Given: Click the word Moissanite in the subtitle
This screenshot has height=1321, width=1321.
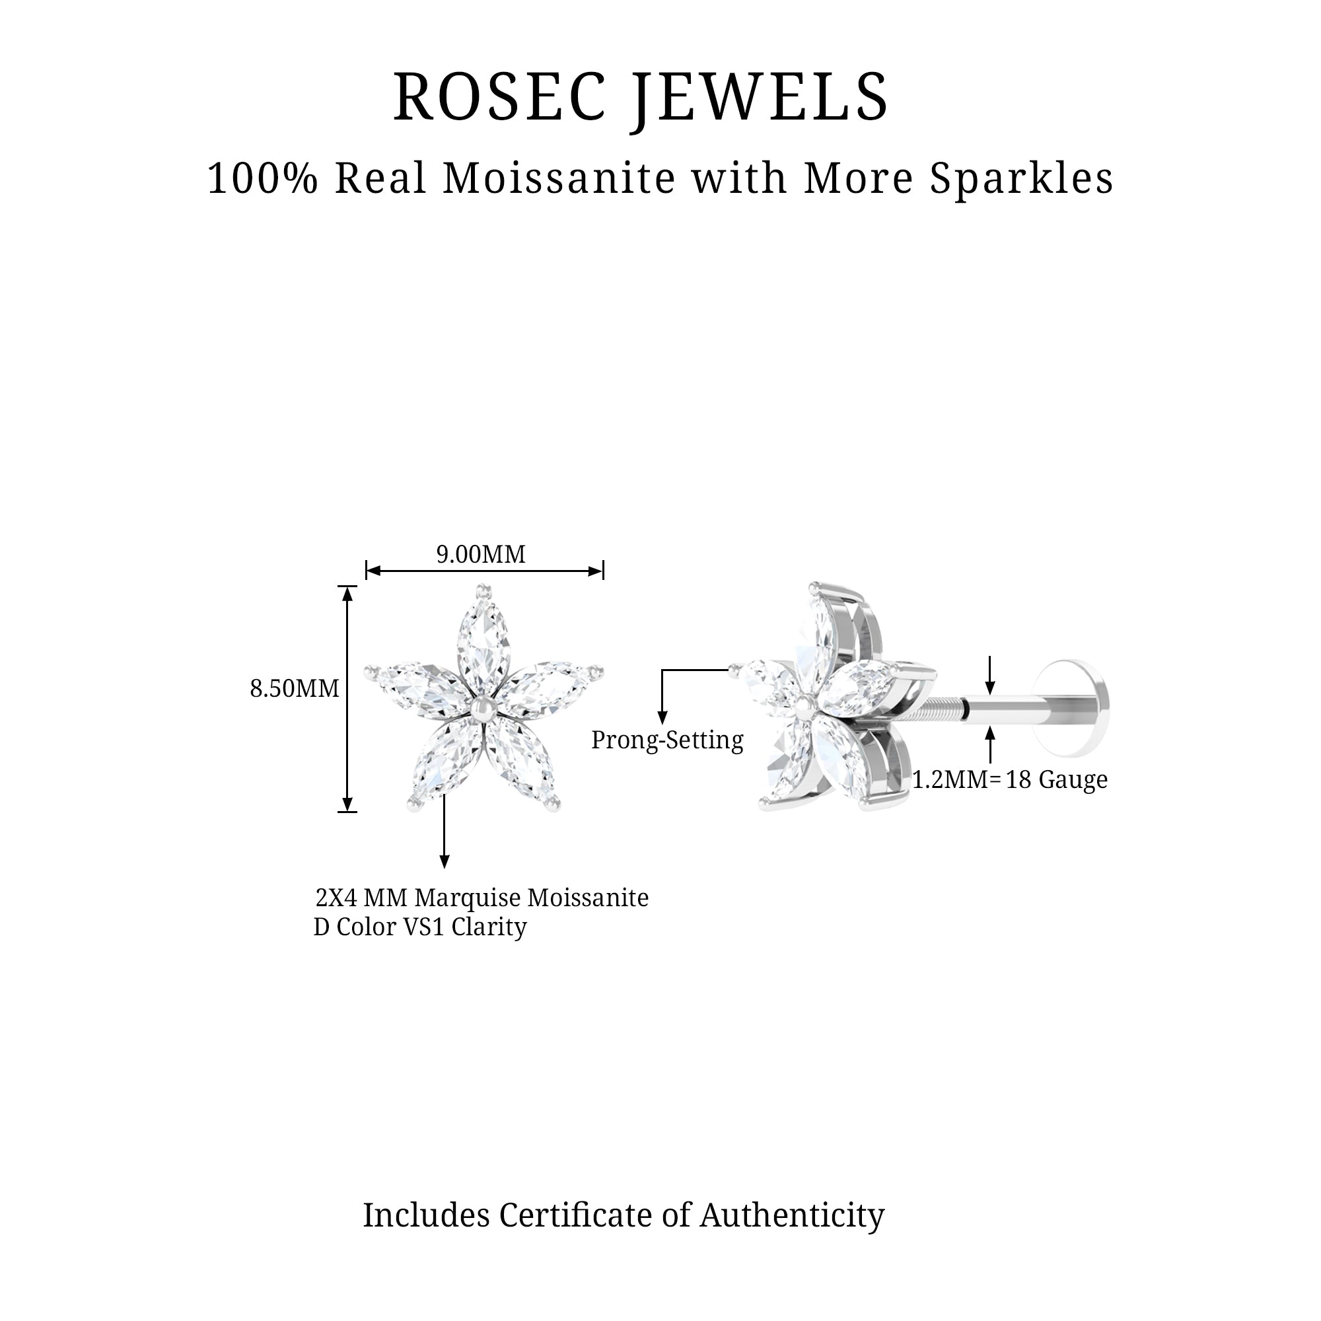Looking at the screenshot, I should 559,178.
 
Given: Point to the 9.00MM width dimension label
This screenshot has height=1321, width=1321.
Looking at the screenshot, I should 481,554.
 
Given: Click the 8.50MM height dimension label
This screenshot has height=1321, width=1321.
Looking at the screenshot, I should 295,688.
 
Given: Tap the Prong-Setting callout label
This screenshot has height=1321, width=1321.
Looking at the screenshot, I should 666,740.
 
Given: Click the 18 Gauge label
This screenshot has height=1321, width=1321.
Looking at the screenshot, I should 1056,779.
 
